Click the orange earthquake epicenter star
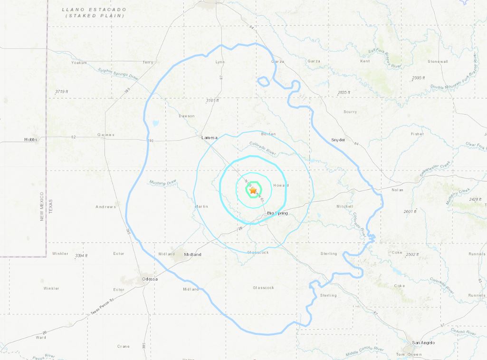tap(253, 190)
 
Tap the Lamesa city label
tap(209, 138)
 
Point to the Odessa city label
tap(149, 279)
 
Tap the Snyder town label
tap(338, 140)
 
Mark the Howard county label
tap(281, 185)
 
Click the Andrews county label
tap(105, 207)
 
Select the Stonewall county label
tap(437, 62)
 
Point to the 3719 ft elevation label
tap(62, 91)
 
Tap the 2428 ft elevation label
tap(475, 200)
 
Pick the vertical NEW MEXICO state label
tap(42, 206)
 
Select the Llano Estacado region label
tap(95, 12)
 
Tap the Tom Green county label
tap(409, 355)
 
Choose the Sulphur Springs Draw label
tap(117, 77)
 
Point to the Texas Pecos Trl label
tap(103, 308)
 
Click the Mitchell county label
tap(345, 206)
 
